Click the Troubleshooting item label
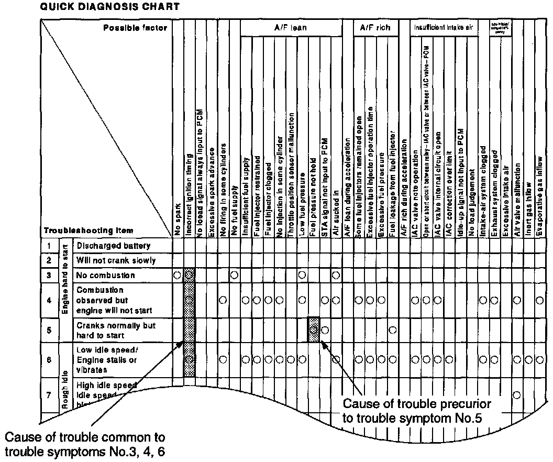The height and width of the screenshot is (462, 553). pyautogui.click(x=88, y=230)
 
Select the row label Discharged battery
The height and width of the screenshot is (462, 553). pyautogui.click(x=113, y=246)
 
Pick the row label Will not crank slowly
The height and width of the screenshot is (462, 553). pyautogui.click(x=116, y=260)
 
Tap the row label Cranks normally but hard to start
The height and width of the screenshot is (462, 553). pyautogui.click(x=116, y=330)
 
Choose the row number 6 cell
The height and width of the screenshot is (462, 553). pyautogui.click(x=48, y=360)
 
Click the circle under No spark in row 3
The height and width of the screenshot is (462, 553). pyautogui.click(x=178, y=275)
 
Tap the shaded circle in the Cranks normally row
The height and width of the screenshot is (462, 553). pyautogui.click(x=313, y=330)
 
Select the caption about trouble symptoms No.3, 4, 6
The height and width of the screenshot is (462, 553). pyautogui.click(x=85, y=444)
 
